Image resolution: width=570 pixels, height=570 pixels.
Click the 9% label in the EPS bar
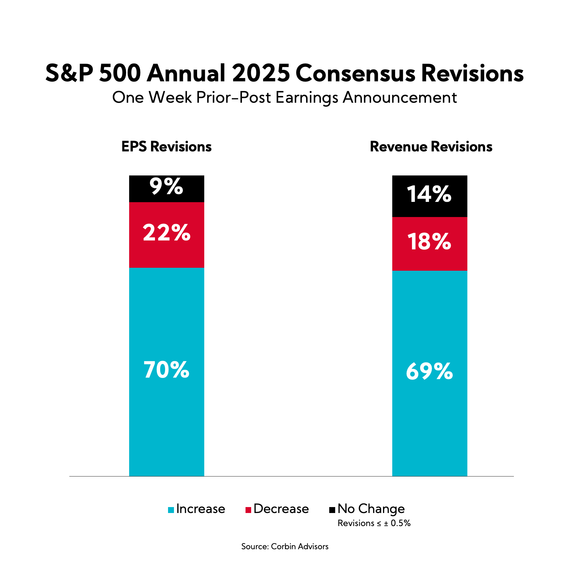coord(166,186)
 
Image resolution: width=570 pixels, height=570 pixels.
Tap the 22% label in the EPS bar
coord(167,232)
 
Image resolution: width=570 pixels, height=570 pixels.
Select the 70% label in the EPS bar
coord(167,370)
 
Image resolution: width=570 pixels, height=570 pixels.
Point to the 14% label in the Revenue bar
coord(429,194)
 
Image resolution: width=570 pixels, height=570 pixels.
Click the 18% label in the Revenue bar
coord(429,241)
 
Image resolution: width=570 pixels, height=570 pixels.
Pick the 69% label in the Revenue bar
coord(429,371)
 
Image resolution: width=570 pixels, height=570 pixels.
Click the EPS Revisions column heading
coord(167,147)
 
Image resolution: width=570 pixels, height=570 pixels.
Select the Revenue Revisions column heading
coord(431,147)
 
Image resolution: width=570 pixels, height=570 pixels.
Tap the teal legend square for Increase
coord(171,510)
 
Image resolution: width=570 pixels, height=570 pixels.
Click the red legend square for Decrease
coord(248,510)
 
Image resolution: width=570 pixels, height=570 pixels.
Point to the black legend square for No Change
coord(332,510)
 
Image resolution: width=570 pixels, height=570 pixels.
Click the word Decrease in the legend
coord(281,509)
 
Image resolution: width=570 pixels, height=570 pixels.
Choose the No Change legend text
coord(371,509)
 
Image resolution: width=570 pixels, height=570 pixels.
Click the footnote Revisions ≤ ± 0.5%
coord(374,523)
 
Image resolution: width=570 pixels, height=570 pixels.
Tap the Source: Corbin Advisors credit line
coord(285,547)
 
